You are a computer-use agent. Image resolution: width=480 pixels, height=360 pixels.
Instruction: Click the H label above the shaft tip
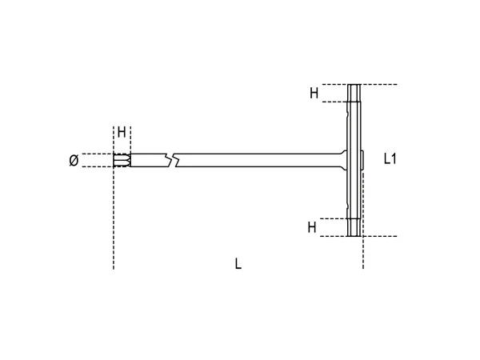point(122,132)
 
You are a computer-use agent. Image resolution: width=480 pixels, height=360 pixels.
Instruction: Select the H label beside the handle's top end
point(314,93)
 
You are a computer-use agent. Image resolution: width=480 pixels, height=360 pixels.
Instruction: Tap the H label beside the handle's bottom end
point(312,227)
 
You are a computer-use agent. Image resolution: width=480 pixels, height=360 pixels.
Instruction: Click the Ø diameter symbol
point(74,160)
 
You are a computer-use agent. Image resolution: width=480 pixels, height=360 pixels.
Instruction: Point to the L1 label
point(390,159)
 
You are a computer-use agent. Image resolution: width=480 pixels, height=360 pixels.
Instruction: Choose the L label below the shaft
point(238,263)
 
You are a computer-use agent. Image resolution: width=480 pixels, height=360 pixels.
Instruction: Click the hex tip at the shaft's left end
point(122,160)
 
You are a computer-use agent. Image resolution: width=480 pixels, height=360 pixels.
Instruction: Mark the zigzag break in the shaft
point(171,160)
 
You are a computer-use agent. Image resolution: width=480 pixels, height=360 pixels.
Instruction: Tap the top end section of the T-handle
point(354,93)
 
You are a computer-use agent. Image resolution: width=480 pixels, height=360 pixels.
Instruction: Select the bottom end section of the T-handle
point(354,227)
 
